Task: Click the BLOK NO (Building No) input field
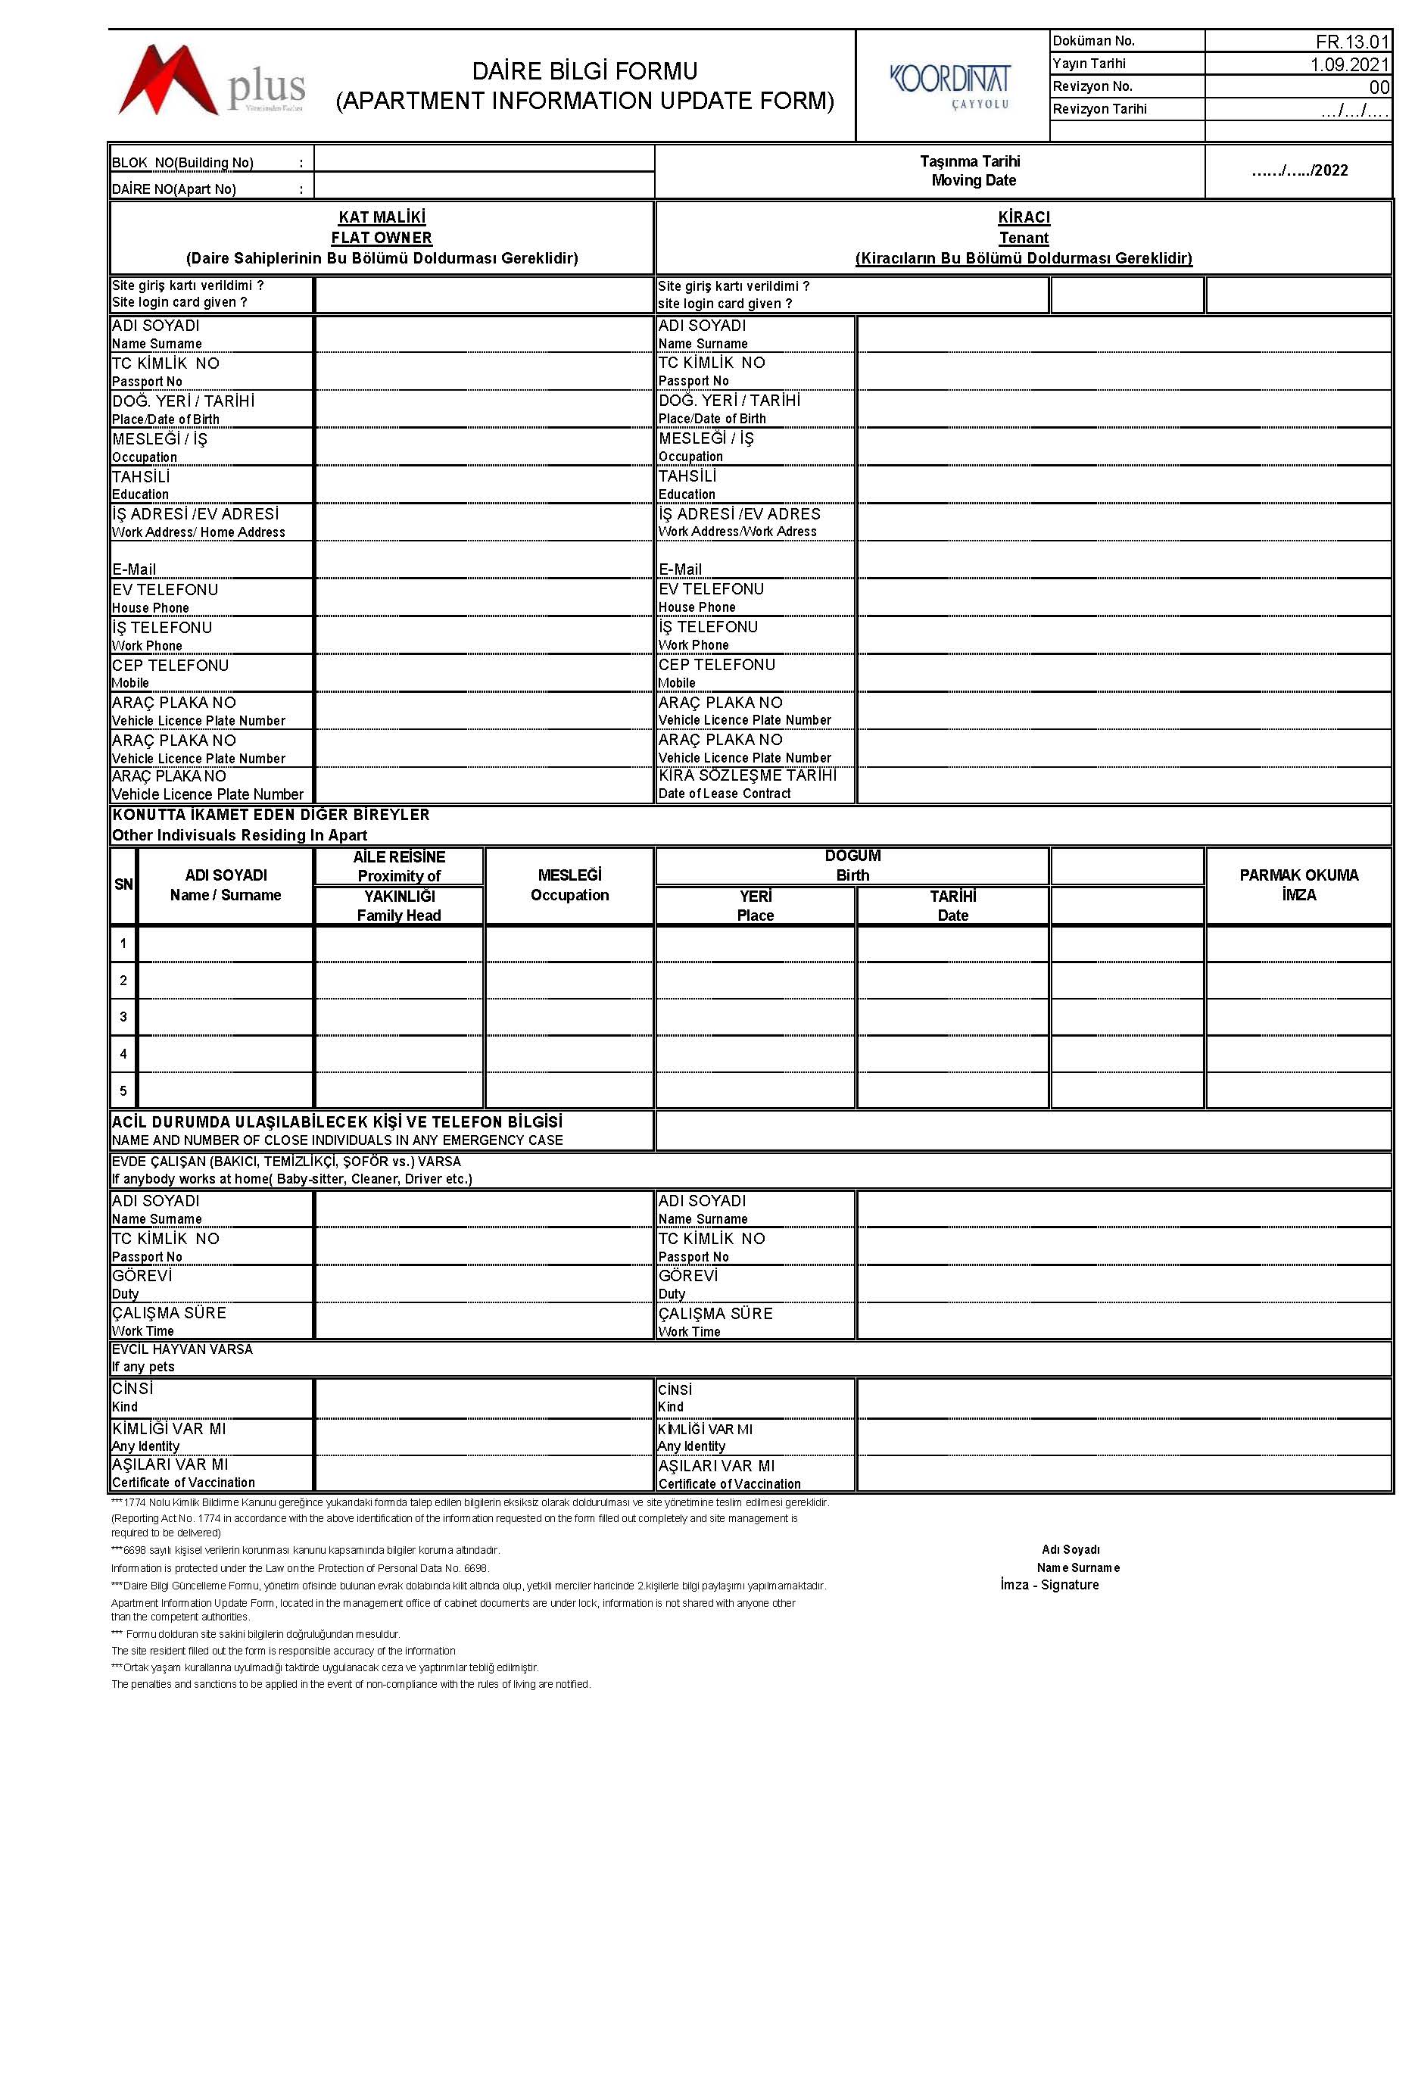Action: (x=484, y=160)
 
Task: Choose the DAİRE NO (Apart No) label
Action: (x=174, y=189)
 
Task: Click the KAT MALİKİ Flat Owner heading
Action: (x=381, y=227)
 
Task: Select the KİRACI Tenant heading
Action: (x=1024, y=227)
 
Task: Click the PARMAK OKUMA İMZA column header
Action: (x=1298, y=884)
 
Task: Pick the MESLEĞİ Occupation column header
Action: (x=569, y=884)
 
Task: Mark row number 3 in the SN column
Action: (x=123, y=1017)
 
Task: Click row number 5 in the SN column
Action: (x=123, y=1090)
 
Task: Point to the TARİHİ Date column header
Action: (x=952, y=905)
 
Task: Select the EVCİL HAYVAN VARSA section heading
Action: (x=182, y=1357)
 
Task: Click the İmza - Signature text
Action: (x=1049, y=1585)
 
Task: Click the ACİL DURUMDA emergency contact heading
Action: (x=337, y=1130)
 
